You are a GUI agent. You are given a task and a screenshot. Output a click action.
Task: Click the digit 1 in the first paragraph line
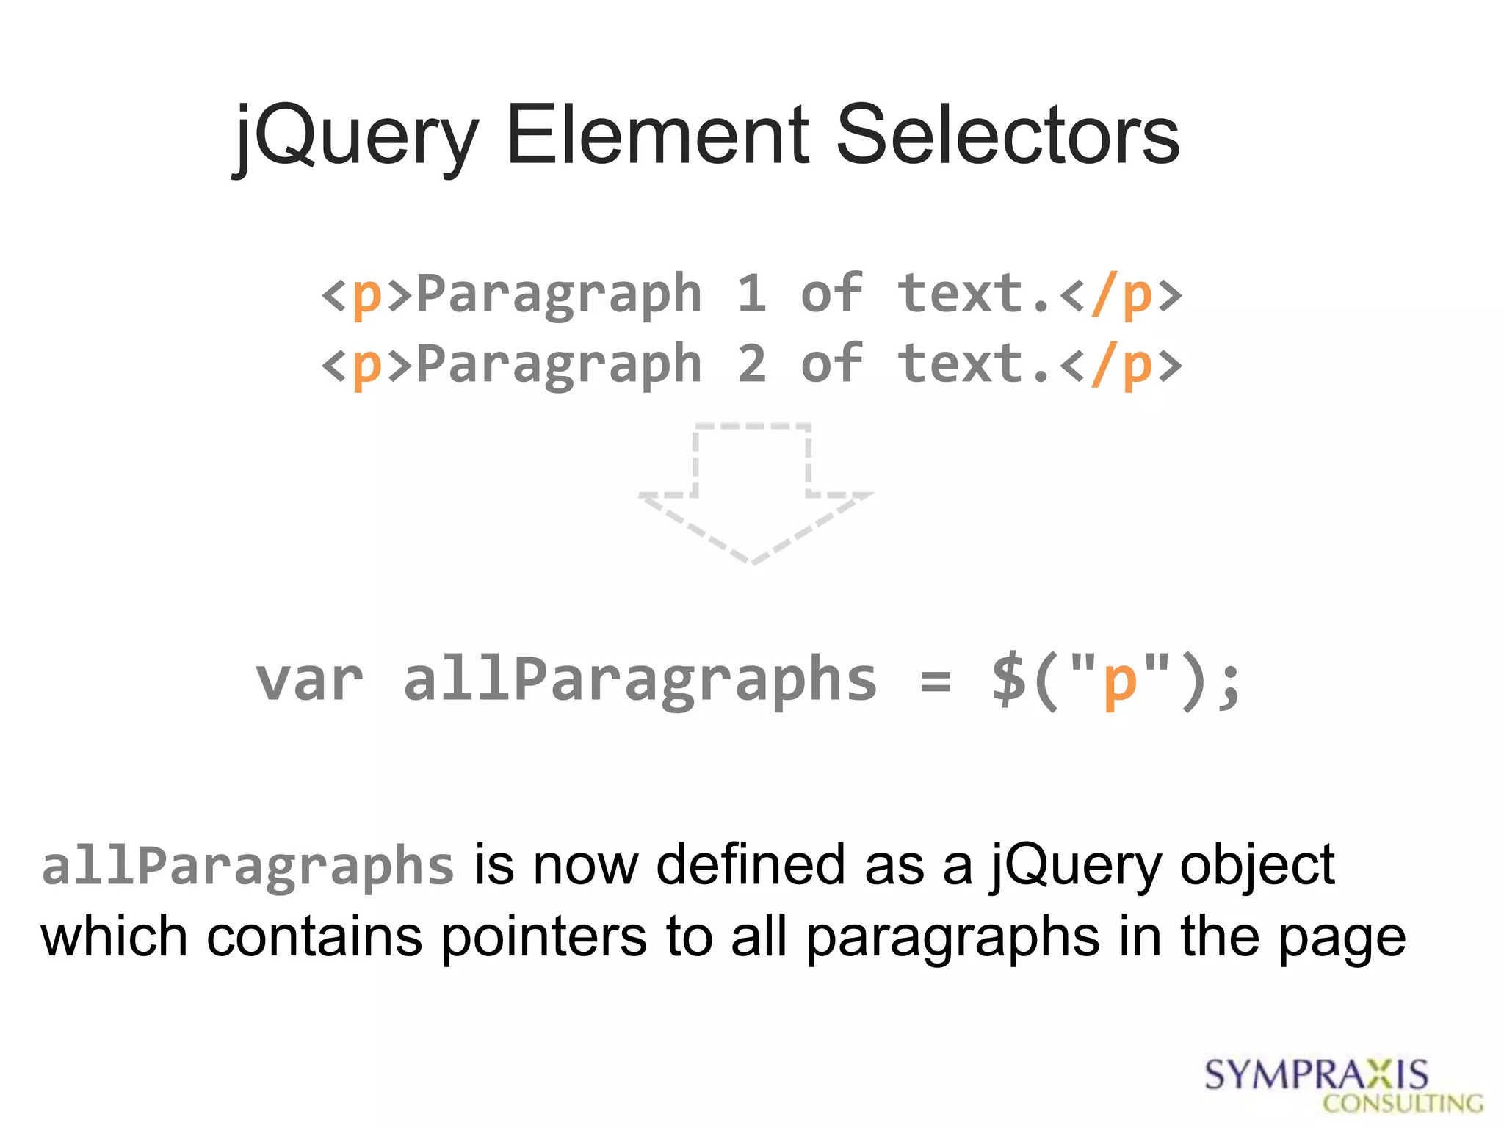click(x=751, y=293)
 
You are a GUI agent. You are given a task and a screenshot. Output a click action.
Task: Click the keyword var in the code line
click(x=309, y=680)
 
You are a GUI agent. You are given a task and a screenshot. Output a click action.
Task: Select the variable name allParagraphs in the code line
click(x=640, y=680)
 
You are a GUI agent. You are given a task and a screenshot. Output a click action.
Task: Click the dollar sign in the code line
click(x=1009, y=680)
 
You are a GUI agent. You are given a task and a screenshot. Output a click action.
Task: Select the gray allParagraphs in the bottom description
click(x=247, y=867)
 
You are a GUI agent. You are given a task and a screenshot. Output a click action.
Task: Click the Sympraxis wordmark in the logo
click(x=1316, y=1075)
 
